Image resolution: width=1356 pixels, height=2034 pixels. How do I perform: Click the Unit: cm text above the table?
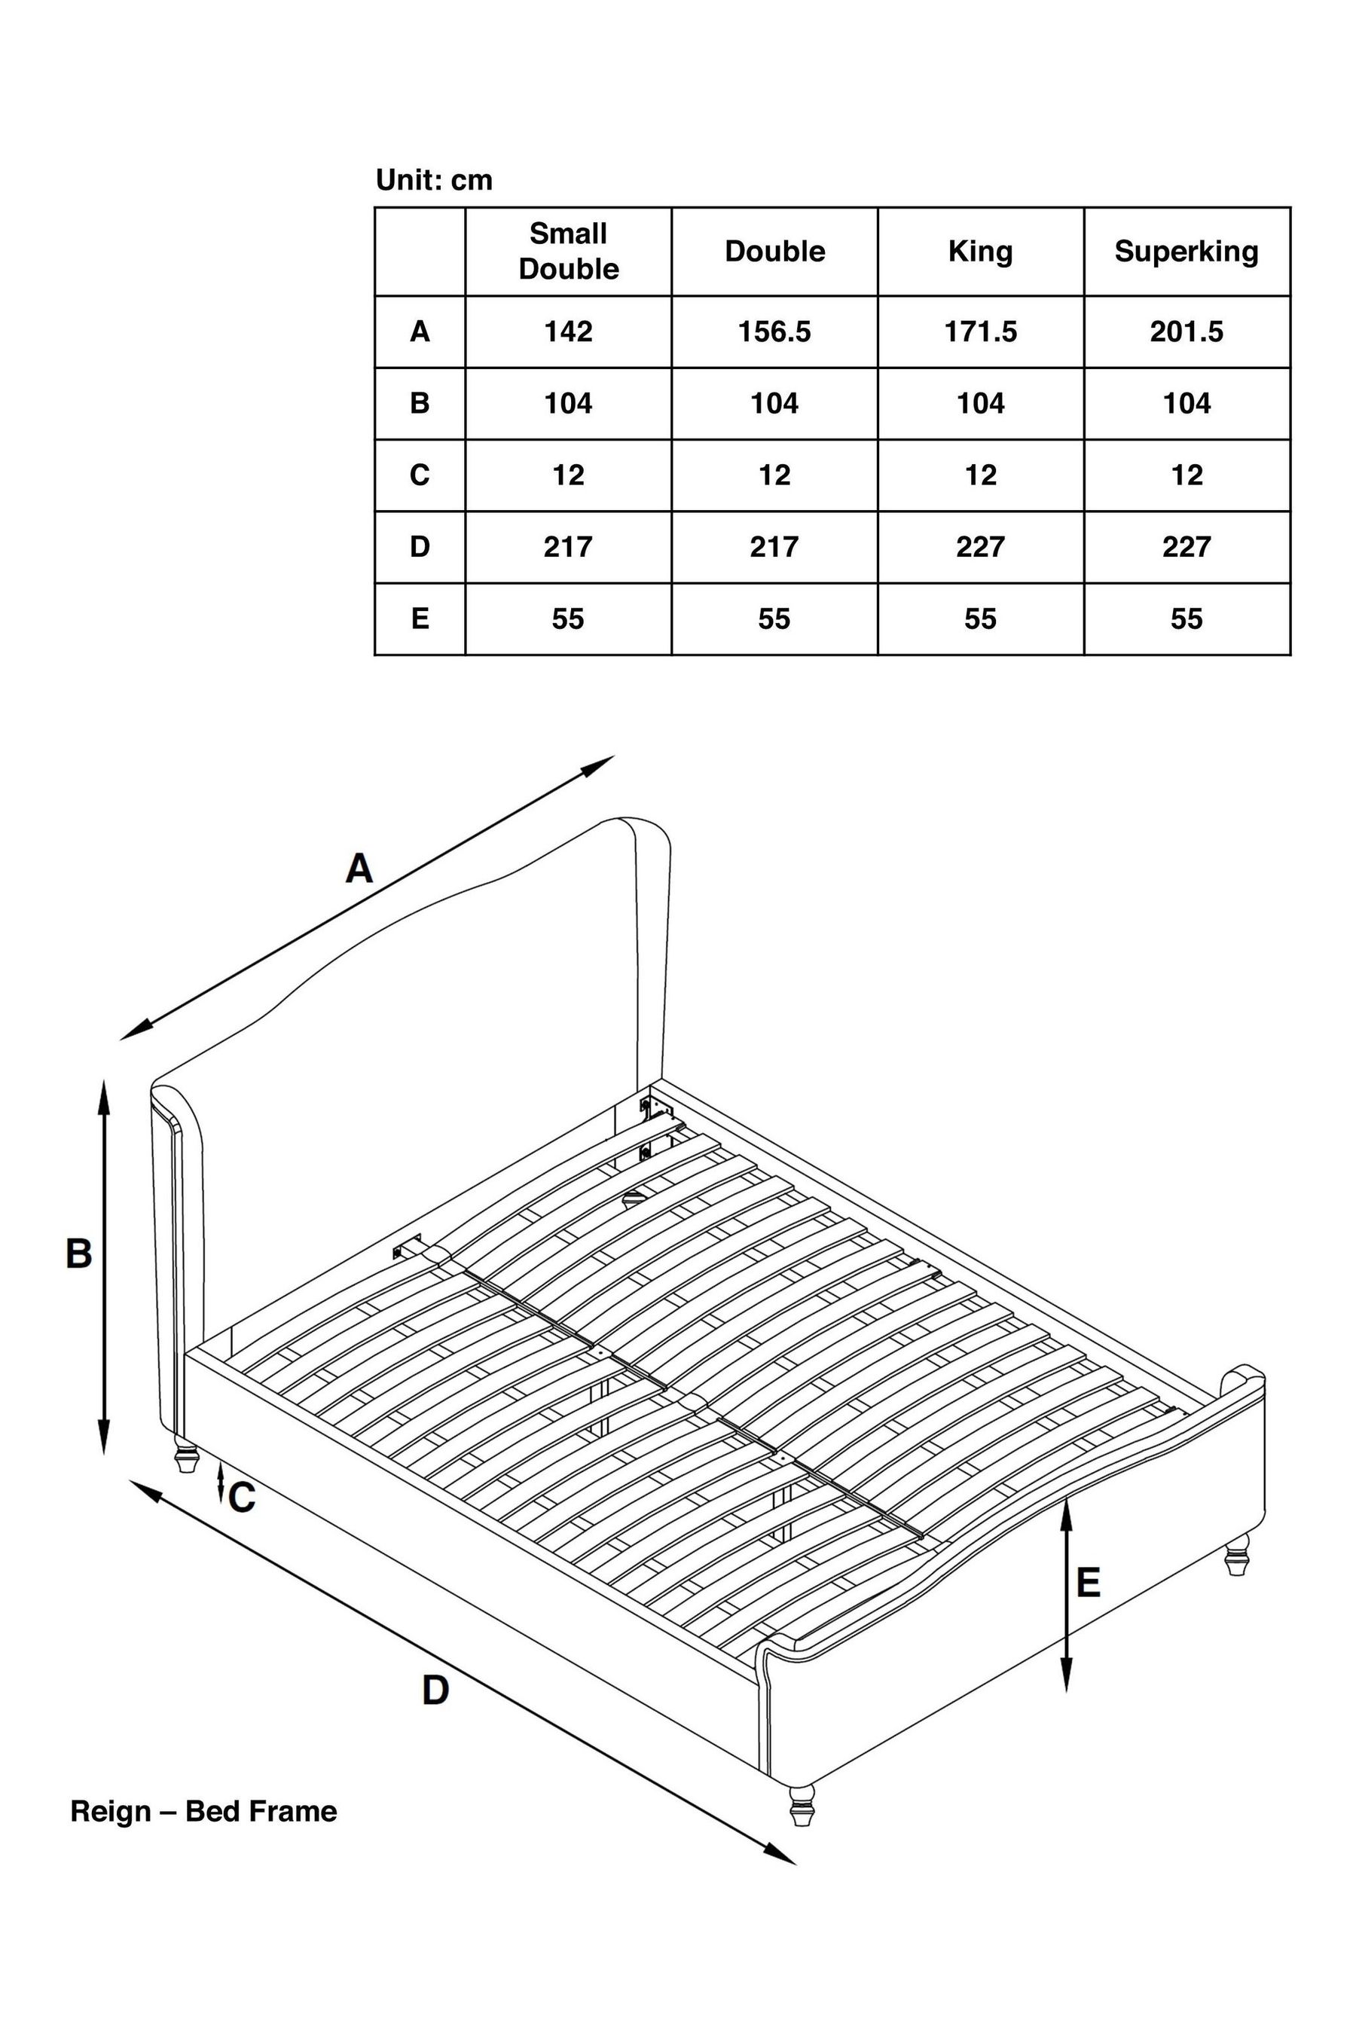[434, 180]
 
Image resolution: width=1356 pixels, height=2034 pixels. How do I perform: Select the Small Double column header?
[568, 251]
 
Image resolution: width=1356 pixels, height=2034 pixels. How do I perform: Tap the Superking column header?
[1186, 251]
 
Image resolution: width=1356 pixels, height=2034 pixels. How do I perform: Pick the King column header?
[980, 251]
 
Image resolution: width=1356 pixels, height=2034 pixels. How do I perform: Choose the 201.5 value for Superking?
[1186, 331]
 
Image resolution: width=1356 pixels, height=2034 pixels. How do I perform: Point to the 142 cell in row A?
[568, 331]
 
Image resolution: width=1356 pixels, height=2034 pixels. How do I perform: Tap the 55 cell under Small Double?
[568, 618]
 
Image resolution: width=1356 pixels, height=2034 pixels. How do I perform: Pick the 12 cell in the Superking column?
[1186, 475]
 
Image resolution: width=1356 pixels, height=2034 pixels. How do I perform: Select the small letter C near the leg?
[242, 1498]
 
